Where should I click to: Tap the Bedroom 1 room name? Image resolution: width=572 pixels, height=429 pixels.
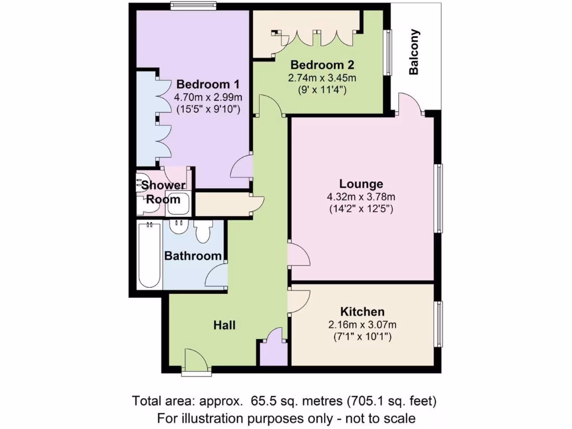pyautogui.click(x=208, y=84)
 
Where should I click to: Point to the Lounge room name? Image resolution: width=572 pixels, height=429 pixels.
pyautogui.click(x=361, y=184)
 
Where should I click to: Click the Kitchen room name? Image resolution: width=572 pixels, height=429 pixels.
pyautogui.click(x=363, y=312)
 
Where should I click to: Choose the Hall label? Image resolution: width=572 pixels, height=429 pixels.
pyautogui.click(x=224, y=325)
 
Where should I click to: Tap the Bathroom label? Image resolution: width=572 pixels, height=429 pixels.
pyautogui.click(x=193, y=256)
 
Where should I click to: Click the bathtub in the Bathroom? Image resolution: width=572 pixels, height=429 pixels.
pyautogui.click(x=149, y=254)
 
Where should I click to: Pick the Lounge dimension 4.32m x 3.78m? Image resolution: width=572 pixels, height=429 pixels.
pyautogui.click(x=361, y=197)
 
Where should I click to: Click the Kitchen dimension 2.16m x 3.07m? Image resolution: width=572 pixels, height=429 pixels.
pyautogui.click(x=363, y=325)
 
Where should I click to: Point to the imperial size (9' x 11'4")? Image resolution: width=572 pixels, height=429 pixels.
pyautogui.click(x=322, y=89)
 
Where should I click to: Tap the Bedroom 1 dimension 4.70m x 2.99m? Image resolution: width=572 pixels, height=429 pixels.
pyautogui.click(x=208, y=97)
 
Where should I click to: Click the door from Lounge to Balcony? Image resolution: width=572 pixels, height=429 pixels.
pyautogui.click(x=411, y=104)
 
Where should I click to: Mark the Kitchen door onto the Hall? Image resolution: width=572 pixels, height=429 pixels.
pyautogui.click(x=298, y=301)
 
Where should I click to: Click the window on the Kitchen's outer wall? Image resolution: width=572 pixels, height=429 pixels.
pyautogui.click(x=439, y=325)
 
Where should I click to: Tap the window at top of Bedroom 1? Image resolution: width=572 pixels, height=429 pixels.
pyautogui.click(x=187, y=7)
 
